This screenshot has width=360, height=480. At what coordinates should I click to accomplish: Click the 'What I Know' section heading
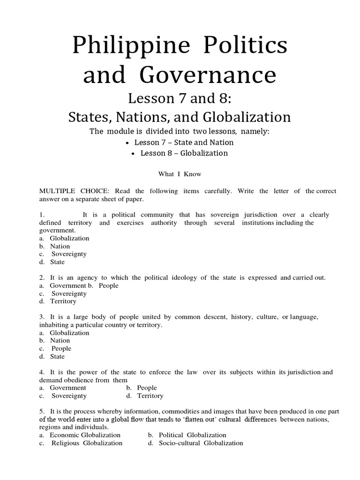(180, 174)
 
